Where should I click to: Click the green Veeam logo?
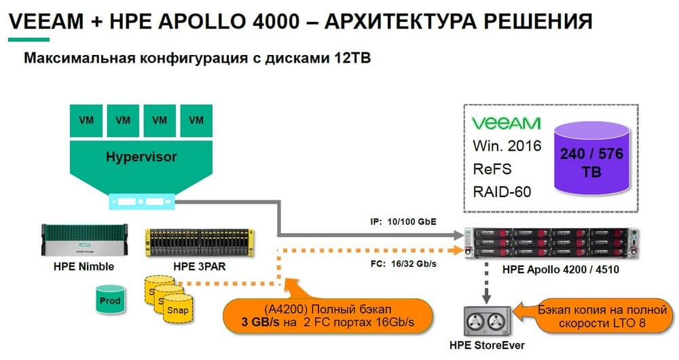pyautogui.click(x=506, y=123)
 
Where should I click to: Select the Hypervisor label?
pyautogui.click(x=141, y=158)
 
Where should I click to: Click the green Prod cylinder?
pyautogui.click(x=110, y=300)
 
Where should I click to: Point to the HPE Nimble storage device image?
pyautogui.click(x=83, y=241)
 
